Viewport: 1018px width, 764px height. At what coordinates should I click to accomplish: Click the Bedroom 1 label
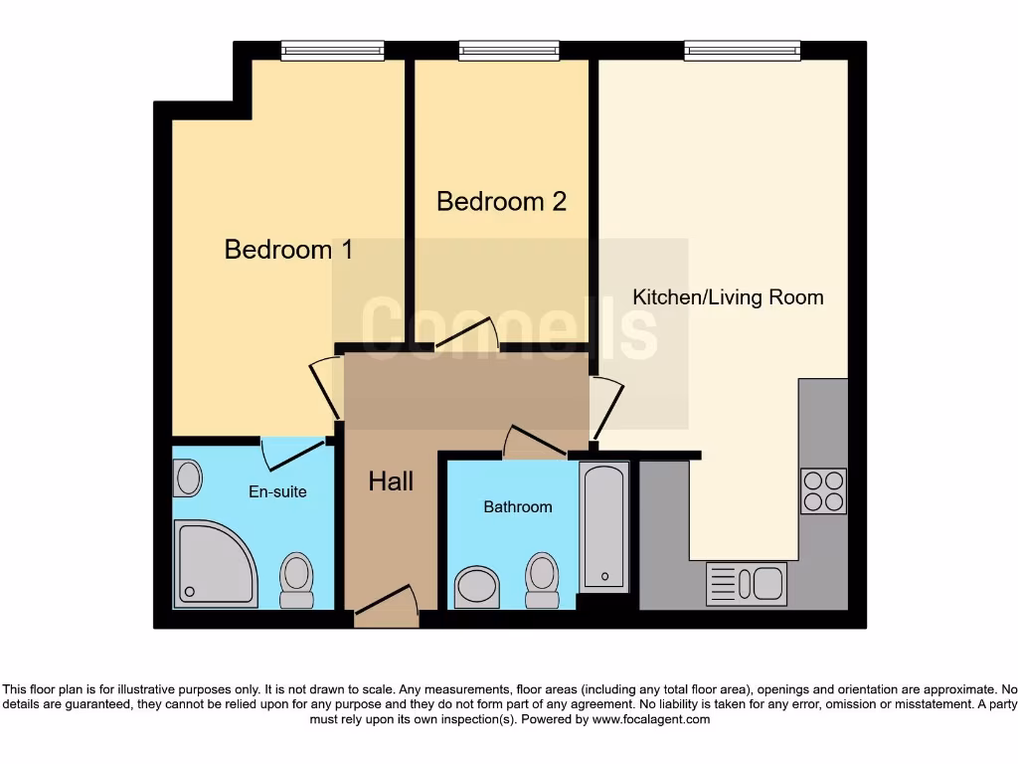[x=288, y=249]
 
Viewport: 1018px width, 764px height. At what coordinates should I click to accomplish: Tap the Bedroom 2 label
[x=501, y=201]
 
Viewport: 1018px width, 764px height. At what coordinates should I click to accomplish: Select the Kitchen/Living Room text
[x=728, y=296]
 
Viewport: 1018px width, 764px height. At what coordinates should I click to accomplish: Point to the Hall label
[x=391, y=481]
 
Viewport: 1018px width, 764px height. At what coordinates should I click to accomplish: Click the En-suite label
[x=277, y=491]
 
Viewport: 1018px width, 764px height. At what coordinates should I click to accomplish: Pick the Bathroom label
[x=517, y=507]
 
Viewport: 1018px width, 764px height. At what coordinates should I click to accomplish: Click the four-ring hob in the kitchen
[x=823, y=490]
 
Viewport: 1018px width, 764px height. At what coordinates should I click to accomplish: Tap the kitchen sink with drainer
[x=746, y=584]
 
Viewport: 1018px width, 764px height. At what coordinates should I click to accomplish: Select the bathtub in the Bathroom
[x=603, y=525]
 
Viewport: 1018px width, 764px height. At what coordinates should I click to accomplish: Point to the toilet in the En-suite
[x=296, y=580]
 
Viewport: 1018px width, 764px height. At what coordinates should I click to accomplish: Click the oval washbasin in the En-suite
[x=188, y=478]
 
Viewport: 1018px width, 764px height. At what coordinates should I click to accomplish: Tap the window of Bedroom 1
[x=332, y=50]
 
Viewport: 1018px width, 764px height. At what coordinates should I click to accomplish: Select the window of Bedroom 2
[x=509, y=50]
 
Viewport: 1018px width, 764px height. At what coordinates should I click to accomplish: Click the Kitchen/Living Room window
[x=742, y=50]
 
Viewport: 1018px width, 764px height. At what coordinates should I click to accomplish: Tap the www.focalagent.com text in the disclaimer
[x=650, y=719]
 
